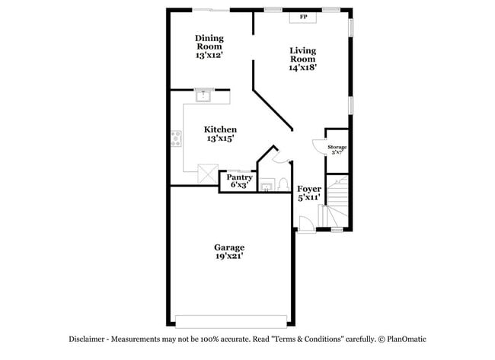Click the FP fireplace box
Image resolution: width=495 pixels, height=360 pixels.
(x=303, y=17)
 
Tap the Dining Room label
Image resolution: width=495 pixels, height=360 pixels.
(x=209, y=46)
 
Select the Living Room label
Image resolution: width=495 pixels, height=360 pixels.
(x=302, y=59)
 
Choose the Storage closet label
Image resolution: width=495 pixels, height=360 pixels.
(x=337, y=148)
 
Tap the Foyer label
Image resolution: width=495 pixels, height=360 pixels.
(x=308, y=193)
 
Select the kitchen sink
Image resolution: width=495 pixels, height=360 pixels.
(x=204, y=95)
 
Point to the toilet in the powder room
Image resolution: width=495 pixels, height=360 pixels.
(x=282, y=184)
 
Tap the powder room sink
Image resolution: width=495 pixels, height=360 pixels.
(x=267, y=185)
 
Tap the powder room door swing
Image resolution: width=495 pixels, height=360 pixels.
(x=278, y=156)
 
